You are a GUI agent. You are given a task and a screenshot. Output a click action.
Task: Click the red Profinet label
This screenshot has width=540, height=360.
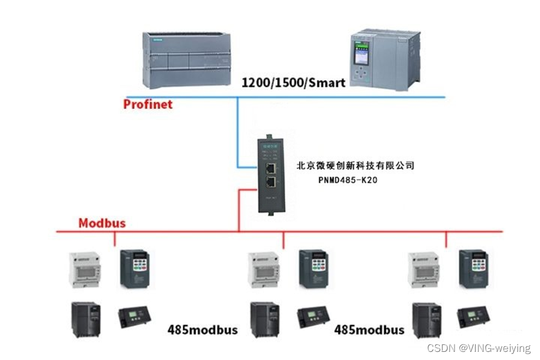(x=147, y=104)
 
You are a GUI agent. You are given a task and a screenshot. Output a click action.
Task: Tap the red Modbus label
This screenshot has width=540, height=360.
(x=102, y=223)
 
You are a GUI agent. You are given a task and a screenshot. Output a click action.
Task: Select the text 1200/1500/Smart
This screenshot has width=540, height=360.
(x=293, y=82)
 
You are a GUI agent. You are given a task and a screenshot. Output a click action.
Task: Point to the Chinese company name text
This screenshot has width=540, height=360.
(x=355, y=165)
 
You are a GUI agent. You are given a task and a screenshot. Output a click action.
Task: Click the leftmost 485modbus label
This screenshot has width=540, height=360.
(x=202, y=329)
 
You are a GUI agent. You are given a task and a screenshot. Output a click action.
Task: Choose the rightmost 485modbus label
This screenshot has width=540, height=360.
(x=370, y=329)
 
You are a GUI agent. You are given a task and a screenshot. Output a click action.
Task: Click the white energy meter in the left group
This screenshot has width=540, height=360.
(x=85, y=269)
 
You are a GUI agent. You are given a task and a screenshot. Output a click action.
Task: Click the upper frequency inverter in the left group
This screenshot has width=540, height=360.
(x=135, y=269)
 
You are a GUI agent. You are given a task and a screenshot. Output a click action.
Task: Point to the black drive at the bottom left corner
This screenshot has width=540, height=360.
(x=85, y=319)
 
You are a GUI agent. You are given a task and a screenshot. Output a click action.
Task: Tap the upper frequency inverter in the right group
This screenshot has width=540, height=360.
(x=473, y=269)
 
